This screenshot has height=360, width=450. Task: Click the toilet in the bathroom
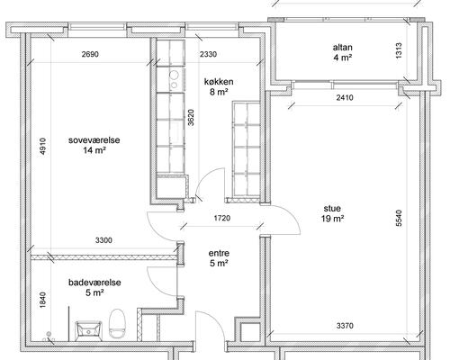pos(117,324)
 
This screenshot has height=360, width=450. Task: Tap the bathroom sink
pos(88,331)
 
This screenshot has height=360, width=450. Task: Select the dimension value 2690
pos(90,54)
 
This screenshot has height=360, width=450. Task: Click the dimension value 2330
pos(208,54)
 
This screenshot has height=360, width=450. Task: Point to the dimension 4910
pos(43,147)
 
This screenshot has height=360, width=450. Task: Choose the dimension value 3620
pos(191,118)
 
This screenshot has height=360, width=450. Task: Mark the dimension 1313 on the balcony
pos(399,51)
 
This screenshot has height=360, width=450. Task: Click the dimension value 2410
pos(345,97)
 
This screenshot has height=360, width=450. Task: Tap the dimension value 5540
pos(399,218)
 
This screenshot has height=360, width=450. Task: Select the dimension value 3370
pos(345,326)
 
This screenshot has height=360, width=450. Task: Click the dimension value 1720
pos(222,218)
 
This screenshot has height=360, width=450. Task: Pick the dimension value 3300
pos(103,240)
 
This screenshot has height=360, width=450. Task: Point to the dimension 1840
pos(43,300)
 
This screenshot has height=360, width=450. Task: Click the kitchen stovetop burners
pos(174,80)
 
